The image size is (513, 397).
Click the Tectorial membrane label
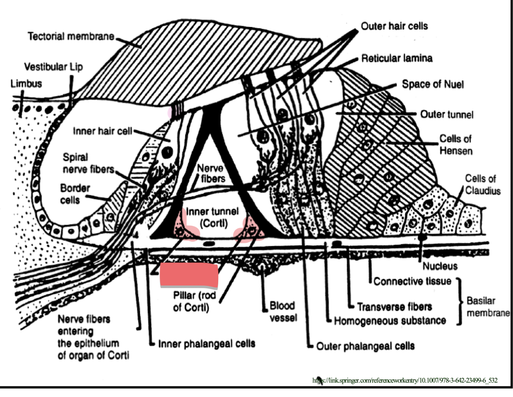point(71,36)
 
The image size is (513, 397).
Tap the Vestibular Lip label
point(53,67)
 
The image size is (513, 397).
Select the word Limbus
point(26,84)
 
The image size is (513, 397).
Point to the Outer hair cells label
point(394,26)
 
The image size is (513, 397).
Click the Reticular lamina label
point(396,58)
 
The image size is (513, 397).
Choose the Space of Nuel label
point(432,84)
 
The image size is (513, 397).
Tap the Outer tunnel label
point(446,114)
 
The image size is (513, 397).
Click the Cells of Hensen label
point(456,144)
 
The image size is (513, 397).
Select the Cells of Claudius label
point(482,184)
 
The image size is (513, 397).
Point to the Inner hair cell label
point(102,131)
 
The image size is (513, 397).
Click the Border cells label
point(75,194)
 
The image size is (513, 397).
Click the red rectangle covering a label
point(189,275)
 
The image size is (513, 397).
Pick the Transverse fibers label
point(394,307)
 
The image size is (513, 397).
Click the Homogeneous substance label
point(390,321)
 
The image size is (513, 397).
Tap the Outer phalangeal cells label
point(365,346)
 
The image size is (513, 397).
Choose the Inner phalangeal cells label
point(207,344)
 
